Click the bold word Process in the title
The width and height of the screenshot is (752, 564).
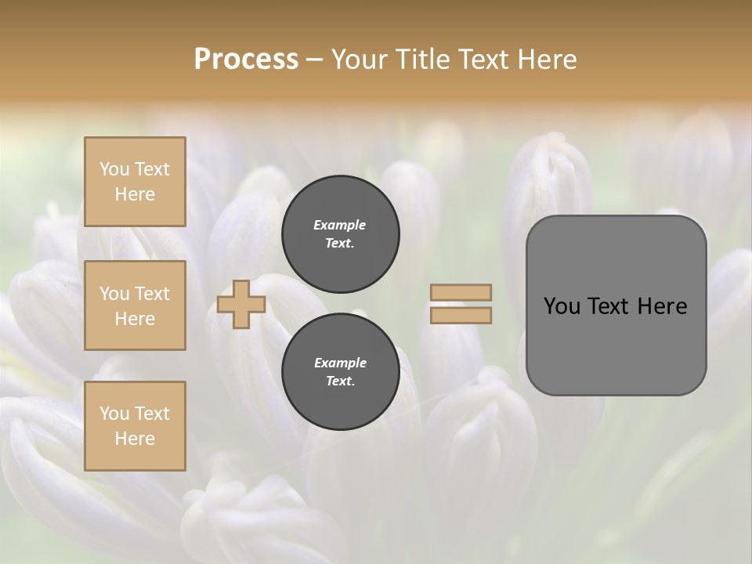[x=246, y=60]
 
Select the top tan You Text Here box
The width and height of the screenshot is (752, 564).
[x=135, y=182]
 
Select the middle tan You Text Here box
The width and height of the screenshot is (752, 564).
[x=135, y=305]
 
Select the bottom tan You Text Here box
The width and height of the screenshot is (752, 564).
[x=135, y=426]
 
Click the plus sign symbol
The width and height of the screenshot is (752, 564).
[x=241, y=304]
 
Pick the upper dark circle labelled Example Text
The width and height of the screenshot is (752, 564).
[x=340, y=234]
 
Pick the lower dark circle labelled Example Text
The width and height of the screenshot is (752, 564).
[x=340, y=372]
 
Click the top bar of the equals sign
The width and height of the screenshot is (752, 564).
[x=461, y=292]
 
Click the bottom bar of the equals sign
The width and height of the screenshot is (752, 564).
[x=461, y=315]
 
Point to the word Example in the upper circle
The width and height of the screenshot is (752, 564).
[x=340, y=225]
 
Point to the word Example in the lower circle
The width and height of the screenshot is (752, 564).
[x=340, y=363]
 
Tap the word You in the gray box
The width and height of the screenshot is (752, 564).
[x=562, y=306]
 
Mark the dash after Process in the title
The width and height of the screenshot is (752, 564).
[x=314, y=60]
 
